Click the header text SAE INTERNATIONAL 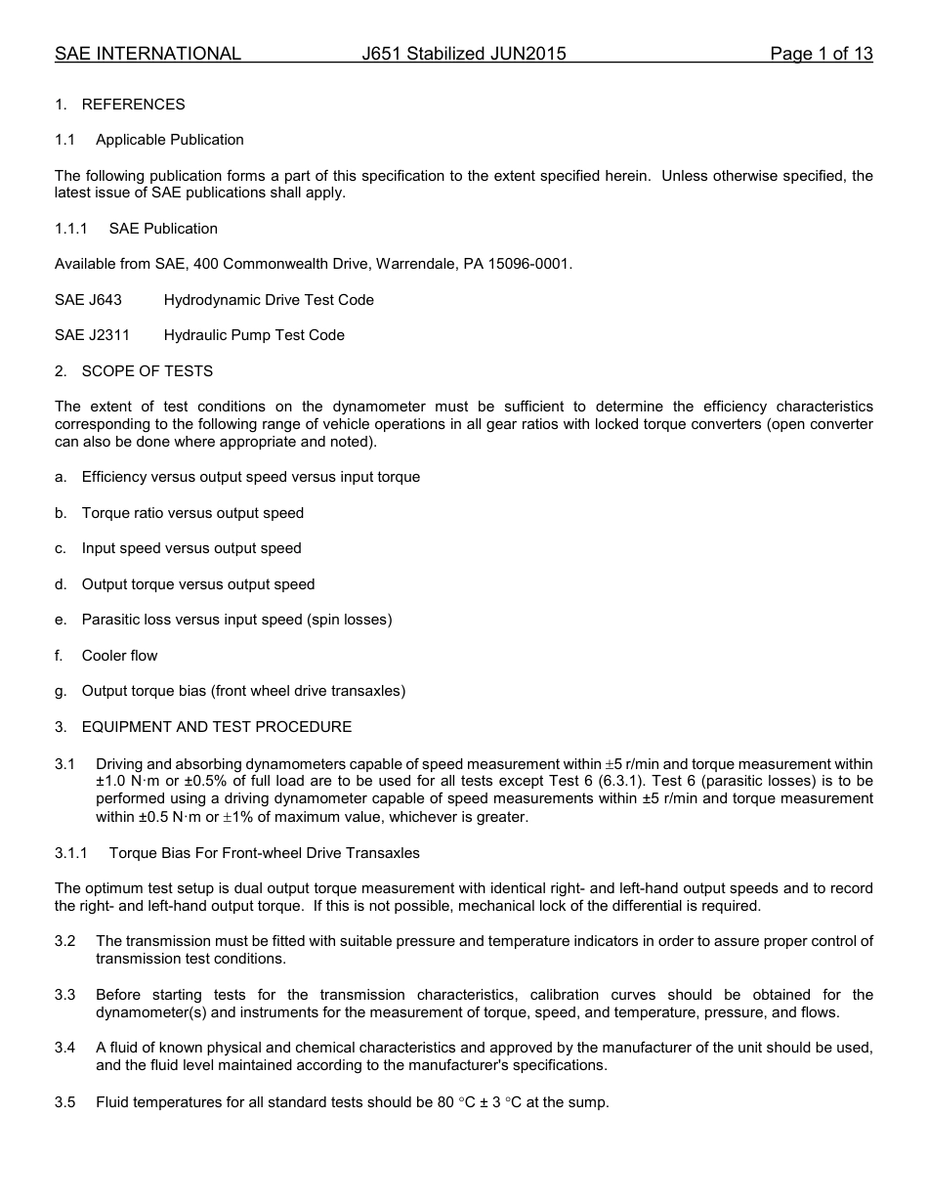(x=148, y=54)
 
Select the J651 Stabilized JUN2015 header (x=463, y=54)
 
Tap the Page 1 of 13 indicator (x=821, y=54)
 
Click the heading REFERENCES (x=133, y=105)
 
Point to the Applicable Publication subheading (x=170, y=140)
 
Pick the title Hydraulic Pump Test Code (x=254, y=335)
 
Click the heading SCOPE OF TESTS (x=147, y=371)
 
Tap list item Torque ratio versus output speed (x=192, y=513)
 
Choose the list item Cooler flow (x=119, y=656)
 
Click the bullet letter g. (x=61, y=691)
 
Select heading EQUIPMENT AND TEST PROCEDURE (x=216, y=727)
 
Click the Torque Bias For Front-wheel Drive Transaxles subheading (x=264, y=853)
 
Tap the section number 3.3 (x=65, y=995)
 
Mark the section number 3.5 (x=65, y=1102)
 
